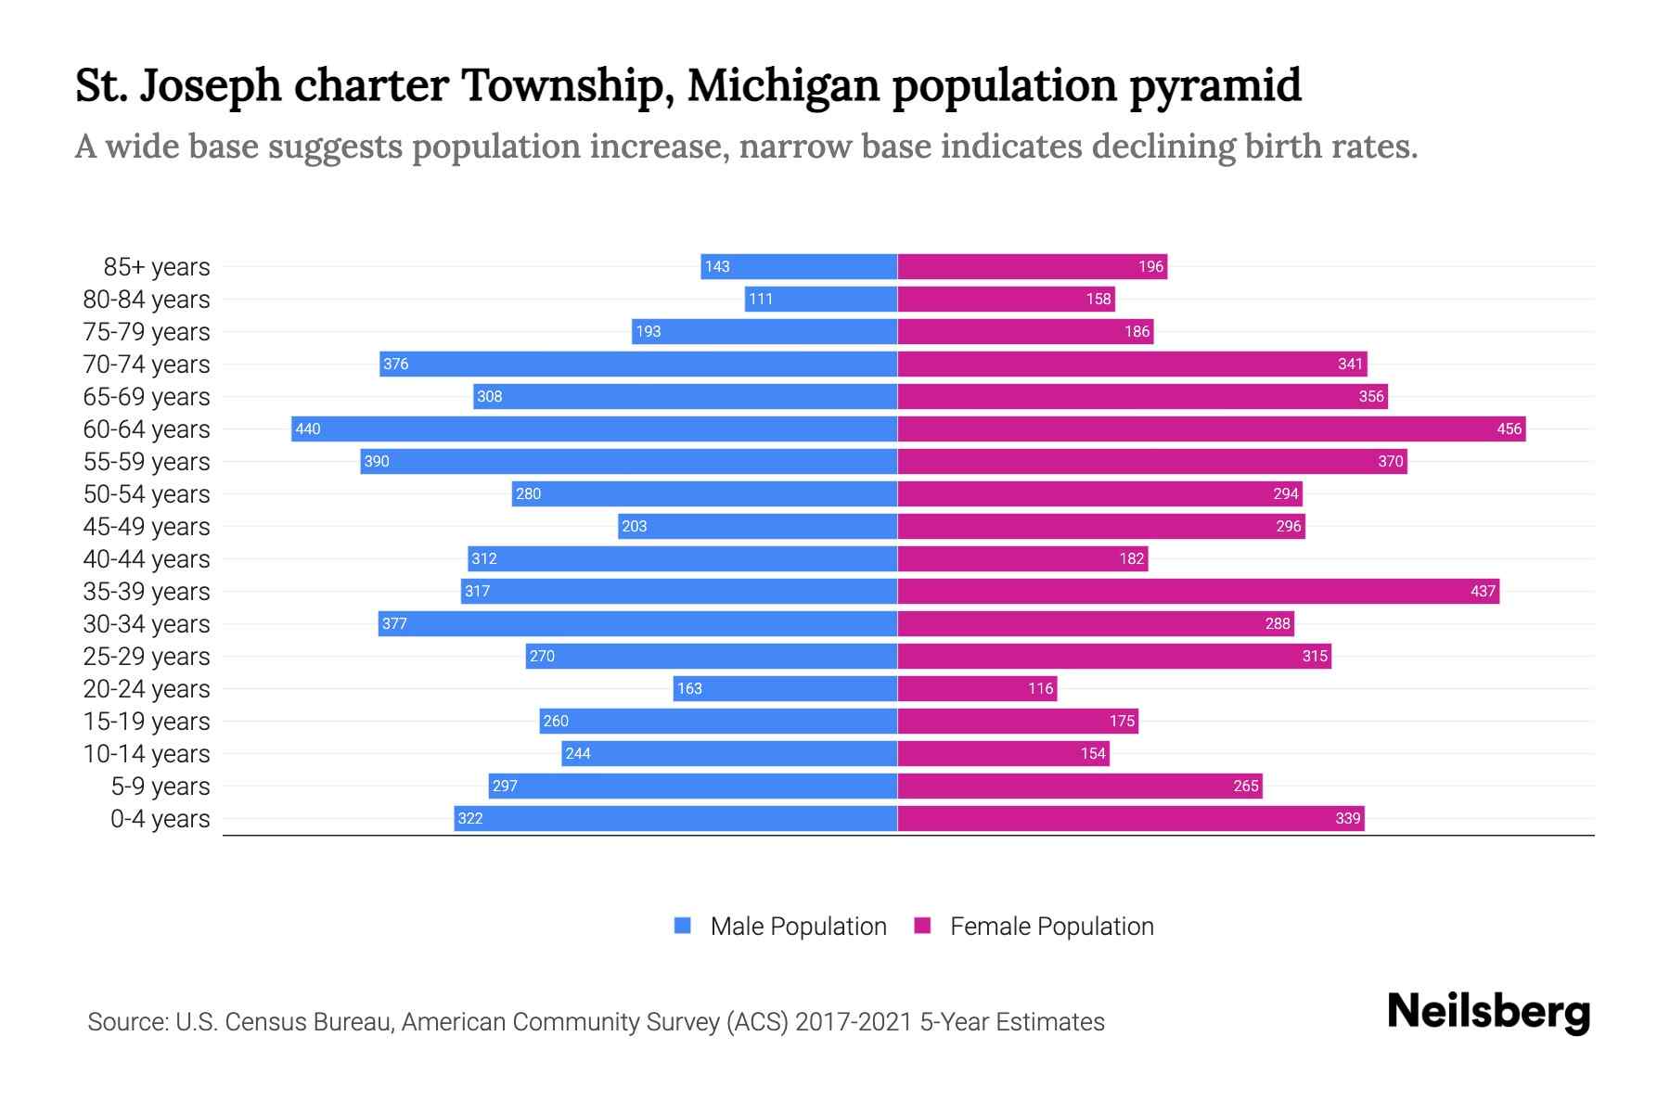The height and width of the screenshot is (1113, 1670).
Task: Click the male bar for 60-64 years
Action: (x=594, y=429)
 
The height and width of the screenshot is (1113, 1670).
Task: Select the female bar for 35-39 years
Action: (x=1198, y=591)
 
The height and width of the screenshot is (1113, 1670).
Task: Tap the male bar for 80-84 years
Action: (x=820, y=299)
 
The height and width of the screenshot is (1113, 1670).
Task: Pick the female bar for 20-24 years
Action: (x=977, y=688)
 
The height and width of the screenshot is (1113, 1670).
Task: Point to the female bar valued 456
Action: (x=1211, y=429)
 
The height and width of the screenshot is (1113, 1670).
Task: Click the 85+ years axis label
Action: (x=157, y=267)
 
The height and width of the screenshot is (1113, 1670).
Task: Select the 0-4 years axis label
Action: (x=160, y=819)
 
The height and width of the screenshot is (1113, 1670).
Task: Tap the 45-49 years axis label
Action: (x=147, y=527)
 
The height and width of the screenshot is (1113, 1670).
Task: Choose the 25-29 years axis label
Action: (x=147, y=657)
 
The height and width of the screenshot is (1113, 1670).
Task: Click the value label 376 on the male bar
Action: (x=396, y=364)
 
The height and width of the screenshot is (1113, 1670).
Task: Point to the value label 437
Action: (x=1483, y=591)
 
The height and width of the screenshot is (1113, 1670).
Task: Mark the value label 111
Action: (x=761, y=299)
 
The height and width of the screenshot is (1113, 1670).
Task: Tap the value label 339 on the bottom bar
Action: (x=1347, y=818)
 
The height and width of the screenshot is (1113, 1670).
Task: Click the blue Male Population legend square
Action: (x=683, y=926)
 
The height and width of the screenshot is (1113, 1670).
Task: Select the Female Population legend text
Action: (x=1051, y=927)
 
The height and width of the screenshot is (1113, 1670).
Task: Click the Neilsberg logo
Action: (x=1488, y=1012)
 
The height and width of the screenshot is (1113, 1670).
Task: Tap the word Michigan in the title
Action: (x=783, y=85)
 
